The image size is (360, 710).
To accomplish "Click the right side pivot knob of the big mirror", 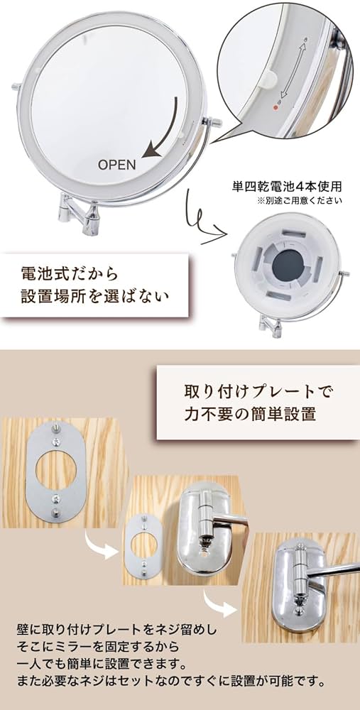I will coord(214,123).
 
